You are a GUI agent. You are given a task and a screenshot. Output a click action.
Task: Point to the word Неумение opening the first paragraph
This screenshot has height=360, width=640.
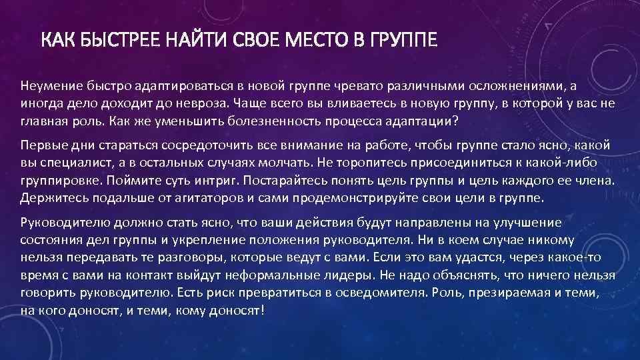pyautogui.click(x=47, y=87)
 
